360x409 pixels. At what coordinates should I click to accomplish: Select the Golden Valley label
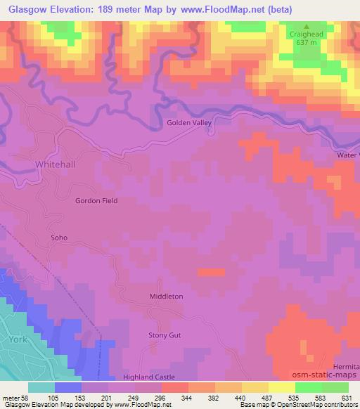click(x=188, y=122)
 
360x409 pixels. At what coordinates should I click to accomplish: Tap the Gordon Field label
click(x=96, y=200)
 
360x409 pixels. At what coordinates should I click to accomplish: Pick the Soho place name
click(x=59, y=238)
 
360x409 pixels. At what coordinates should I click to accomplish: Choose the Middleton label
click(x=166, y=297)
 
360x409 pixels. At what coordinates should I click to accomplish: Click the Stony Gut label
click(x=165, y=335)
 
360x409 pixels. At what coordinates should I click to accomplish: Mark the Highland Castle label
click(x=148, y=377)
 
